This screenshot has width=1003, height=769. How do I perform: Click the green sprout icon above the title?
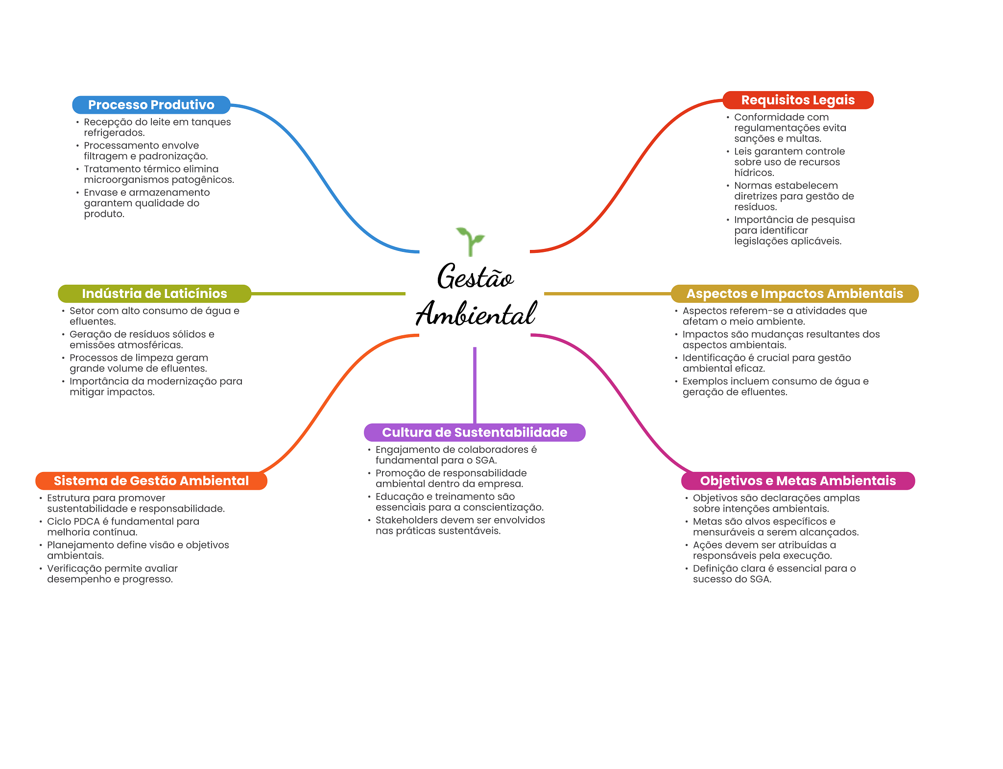point(470,240)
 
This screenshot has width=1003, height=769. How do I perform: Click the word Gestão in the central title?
point(475,277)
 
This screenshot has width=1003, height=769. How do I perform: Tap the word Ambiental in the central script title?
point(476,314)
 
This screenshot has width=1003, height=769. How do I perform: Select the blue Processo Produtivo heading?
point(151,105)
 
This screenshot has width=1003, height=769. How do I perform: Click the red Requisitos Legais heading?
point(798,100)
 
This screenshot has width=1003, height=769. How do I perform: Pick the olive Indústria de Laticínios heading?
point(154,294)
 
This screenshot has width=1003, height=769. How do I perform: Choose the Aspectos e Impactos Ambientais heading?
point(794,294)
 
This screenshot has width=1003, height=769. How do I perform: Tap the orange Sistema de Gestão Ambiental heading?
point(151,481)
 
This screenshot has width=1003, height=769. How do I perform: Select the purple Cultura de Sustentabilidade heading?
point(475,432)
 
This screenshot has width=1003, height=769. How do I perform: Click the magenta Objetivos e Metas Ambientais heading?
point(798,481)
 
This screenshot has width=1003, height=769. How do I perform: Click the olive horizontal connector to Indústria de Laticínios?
point(328,294)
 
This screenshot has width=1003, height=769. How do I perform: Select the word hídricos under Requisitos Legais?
point(754,173)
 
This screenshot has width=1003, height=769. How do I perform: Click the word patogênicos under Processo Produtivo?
point(205,180)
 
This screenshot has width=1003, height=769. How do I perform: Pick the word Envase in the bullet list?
point(100,193)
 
